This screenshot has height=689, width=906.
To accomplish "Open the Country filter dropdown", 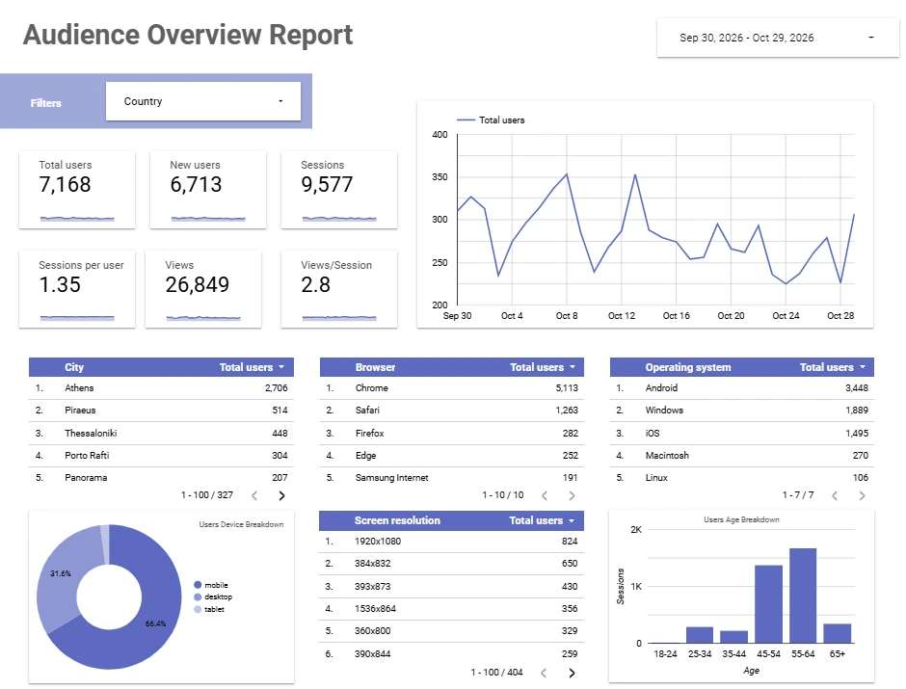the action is [x=202, y=101].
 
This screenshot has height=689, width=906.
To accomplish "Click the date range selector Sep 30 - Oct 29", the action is [x=778, y=38].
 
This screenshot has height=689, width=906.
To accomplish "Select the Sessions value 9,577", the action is [x=327, y=185].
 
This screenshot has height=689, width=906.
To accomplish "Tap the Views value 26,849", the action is [x=197, y=284].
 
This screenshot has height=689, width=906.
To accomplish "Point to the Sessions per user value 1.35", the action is [x=60, y=284].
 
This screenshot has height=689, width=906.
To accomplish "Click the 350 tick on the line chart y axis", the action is [x=440, y=176].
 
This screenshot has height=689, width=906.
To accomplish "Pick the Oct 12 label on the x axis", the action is [x=621, y=316].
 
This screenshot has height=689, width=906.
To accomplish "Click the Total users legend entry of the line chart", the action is [x=491, y=120].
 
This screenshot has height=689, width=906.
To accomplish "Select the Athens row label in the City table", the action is [x=79, y=388].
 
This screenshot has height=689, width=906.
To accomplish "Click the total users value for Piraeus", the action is [x=280, y=411].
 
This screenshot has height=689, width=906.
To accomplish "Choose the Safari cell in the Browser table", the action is [x=367, y=411].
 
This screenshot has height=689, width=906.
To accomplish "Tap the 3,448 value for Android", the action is [x=857, y=388].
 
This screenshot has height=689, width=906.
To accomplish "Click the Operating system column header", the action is [x=687, y=367].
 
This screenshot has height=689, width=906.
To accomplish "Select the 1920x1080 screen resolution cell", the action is [x=378, y=542].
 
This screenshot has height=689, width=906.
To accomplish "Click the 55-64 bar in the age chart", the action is [x=803, y=596].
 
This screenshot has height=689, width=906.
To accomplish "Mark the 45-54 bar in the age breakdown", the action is [x=768, y=604].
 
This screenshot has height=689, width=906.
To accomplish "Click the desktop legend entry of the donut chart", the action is [x=213, y=597].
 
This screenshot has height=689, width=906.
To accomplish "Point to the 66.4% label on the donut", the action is [x=155, y=623].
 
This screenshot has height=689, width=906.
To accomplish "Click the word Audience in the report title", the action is [x=82, y=35].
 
